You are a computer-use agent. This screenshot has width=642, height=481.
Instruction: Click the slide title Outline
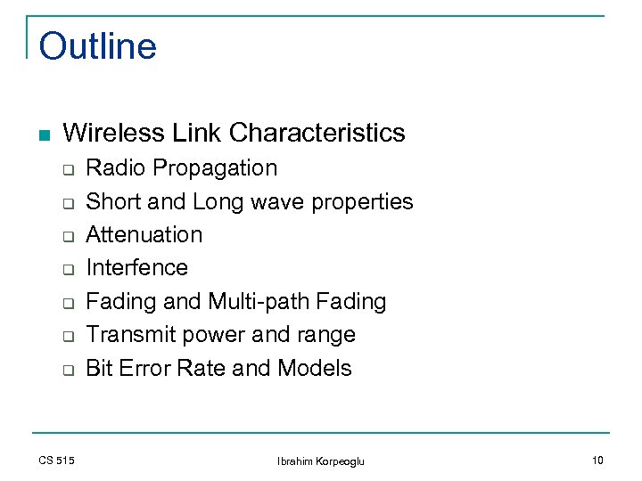pyautogui.click(x=98, y=46)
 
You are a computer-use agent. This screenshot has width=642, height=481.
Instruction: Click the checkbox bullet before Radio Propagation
pyautogui.click(x=67, y=169)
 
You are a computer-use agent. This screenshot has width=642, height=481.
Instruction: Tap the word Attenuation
pyautogui.click(x=144, y=235)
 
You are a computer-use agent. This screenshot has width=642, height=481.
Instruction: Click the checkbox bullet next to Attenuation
pyautogui.click(x=67, y=236)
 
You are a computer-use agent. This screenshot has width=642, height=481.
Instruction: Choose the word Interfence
pyautogui.click(x=136, y=268)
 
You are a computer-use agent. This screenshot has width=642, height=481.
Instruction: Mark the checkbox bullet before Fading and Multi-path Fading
pyautogui.click(x=67, y=303)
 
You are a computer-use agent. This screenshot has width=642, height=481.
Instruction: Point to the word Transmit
pyautogui.click(x=128, y=335)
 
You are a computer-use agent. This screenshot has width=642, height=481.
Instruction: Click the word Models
pyautogui.click(x=315, y=368)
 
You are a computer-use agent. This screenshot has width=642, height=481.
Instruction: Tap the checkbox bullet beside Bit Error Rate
pyautogui.click(x=67, y=370)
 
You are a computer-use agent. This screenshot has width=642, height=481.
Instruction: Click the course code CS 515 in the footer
pyautogui.click(x=56, y=461)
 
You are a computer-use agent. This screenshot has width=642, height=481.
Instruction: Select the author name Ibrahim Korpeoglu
pyautogui.click(x=321, y=461)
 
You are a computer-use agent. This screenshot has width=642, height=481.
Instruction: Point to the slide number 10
pyautogui.click(x=597, y=461)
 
